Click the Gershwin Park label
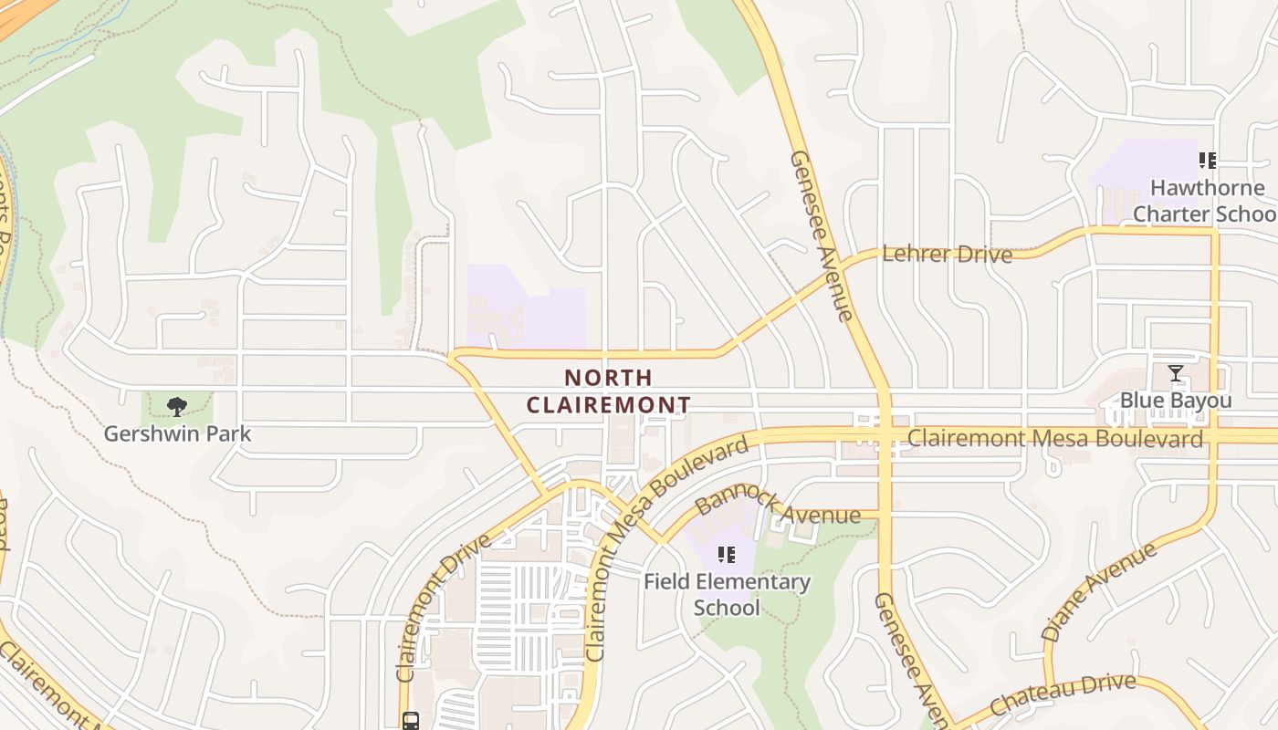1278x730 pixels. (x=177, y=433)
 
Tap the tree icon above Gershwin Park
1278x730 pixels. (x=177, y=407)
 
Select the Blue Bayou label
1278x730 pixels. (x=1176, y=401)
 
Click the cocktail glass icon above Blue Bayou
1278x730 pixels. (x=1176, y=373)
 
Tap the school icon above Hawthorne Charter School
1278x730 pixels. (x=1208, y=162)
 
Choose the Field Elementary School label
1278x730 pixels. (x=727, y=594)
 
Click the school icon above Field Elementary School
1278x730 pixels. (x=727, y=555)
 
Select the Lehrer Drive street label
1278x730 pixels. (x=948, y=254)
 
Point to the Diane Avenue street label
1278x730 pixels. (x=1098, y=590)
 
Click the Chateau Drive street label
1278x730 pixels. (x=1063, y=694)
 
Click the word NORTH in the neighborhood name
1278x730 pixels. (x=608, y=378)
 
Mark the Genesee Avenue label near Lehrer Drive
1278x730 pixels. (x=821, y=235)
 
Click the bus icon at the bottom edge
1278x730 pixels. (x=411, y=721)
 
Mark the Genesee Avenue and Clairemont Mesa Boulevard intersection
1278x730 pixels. (x=884, y=437)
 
